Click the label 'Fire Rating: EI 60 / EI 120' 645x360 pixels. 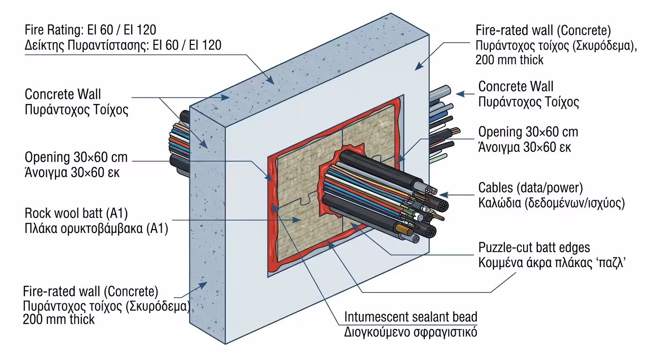tap(90, 30)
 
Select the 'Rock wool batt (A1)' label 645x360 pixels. tap(76, 214)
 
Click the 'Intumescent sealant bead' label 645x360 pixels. tap(411, 317)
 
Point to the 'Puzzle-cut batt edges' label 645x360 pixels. tap(534, 247)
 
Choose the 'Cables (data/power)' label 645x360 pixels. tap(530, 188)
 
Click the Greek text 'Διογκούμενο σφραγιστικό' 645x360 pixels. tap(411, 332)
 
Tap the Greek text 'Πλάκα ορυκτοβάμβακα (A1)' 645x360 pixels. tap(96, 229)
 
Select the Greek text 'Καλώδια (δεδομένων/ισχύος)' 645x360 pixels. tap(551, 203)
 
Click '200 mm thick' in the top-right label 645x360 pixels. tap(510, 60)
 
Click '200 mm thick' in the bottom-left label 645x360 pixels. tap(59, 320)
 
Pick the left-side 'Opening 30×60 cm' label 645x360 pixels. tap(76, 157)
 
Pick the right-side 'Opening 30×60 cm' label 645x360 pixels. tap(528, 132)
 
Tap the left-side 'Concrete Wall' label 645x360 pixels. tap(63, 94)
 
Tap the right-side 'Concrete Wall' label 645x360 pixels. tap(516, 87)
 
